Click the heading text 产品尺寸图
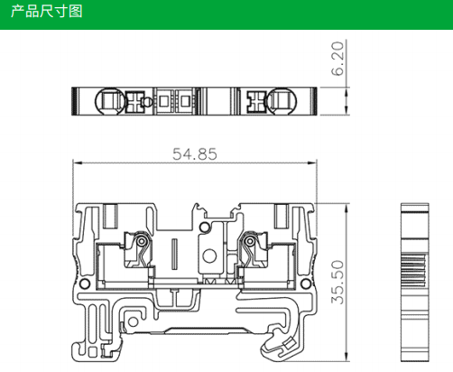pos(47,12)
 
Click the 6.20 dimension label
pos(337,59)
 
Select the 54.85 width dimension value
pos(195,154)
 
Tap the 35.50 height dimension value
pos(337,282)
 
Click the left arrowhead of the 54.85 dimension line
pos(78,163)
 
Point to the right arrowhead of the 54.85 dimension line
pos(312,163)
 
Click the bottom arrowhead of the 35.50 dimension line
pos(347,357)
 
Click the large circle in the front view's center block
pos(209,256)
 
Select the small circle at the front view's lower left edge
pos(85,284)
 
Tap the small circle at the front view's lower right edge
pos(306,284)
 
